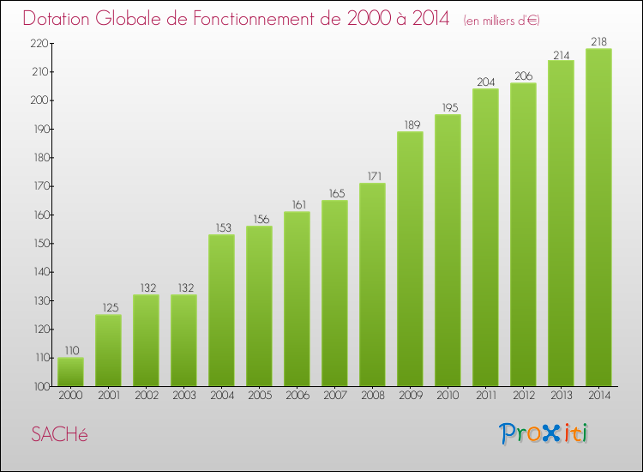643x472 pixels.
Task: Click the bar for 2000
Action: [70, 372]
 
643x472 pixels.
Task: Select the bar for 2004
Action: [221, 310]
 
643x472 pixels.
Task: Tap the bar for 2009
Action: [410, 258]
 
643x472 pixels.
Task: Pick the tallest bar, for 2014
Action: [598, 217]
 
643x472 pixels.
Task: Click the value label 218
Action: [598, 41]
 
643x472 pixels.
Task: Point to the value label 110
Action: [70, 350]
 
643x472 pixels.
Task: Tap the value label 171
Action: [372, 176]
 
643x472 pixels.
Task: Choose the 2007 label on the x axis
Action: [334, 396]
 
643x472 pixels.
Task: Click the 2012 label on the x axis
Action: [523, 396]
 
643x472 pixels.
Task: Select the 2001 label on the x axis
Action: [108, 396]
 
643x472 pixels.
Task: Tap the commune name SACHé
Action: [59, 434]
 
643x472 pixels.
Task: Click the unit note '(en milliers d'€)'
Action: [502, 20]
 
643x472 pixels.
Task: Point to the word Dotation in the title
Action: [59, 18]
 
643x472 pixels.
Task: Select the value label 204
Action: [485, 82]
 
